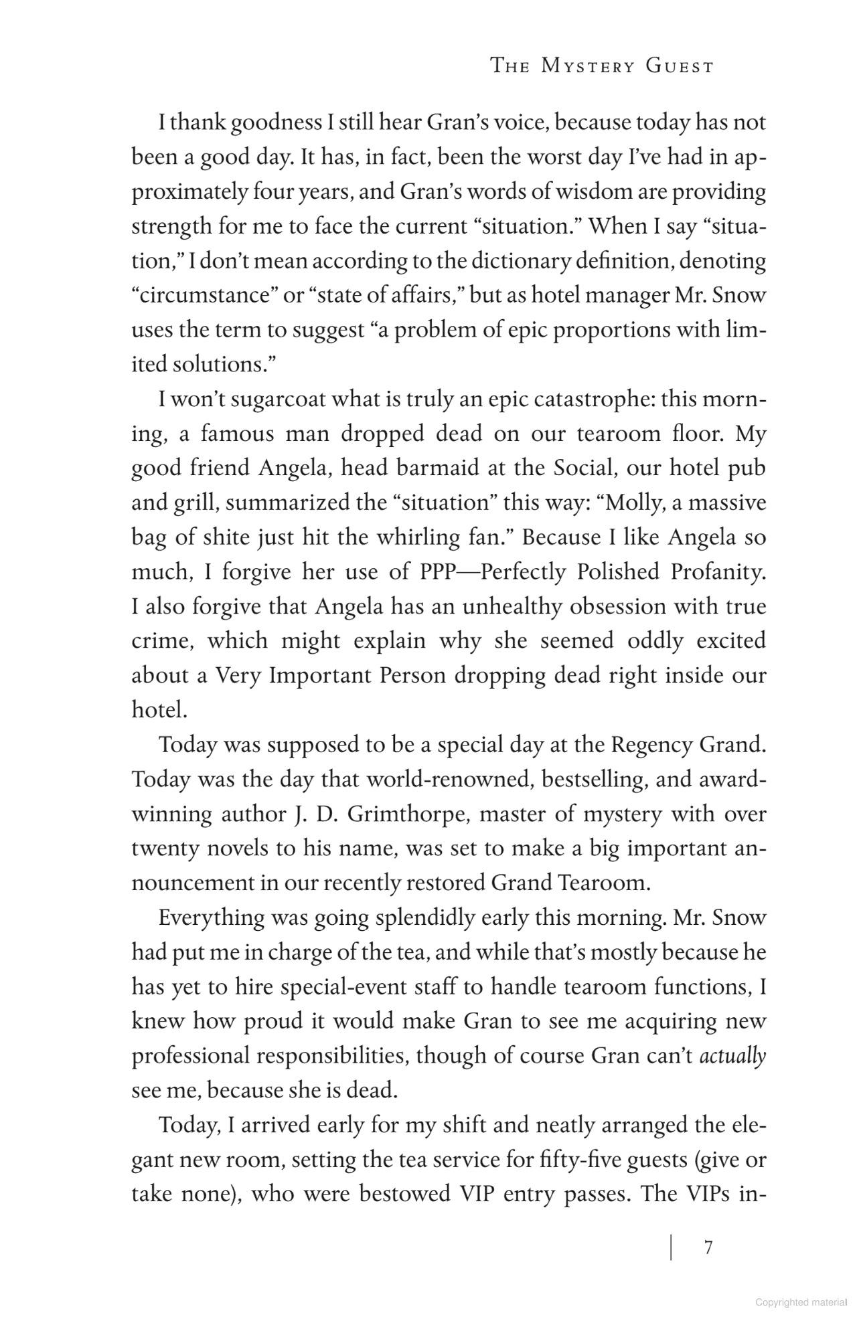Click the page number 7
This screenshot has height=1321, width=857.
708,1247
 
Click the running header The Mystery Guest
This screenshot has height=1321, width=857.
602,66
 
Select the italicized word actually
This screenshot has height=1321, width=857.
732,1056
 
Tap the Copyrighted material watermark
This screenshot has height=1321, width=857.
801,1302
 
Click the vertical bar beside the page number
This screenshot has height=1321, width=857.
671,1247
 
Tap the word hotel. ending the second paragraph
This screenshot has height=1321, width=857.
159,710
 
